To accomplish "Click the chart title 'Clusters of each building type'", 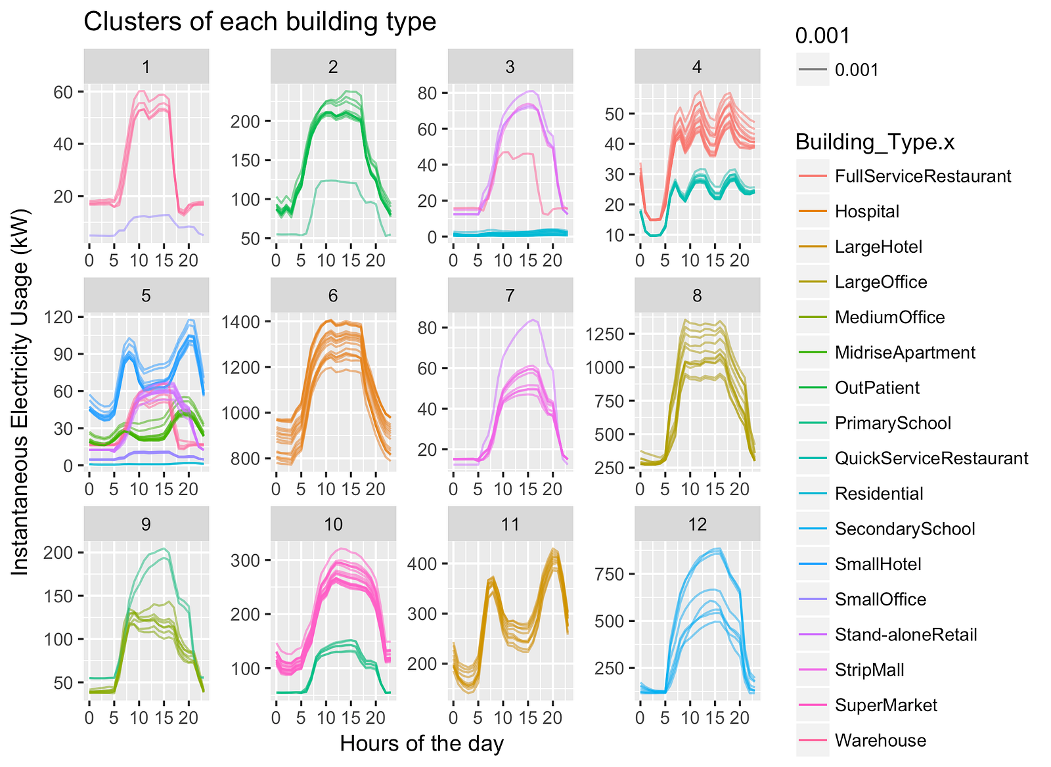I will click(x=259, y=22).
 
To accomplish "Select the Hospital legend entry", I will click(x=866, y=211).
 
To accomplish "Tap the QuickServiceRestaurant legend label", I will click(x=931, y=458).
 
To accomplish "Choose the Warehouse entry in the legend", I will click(x=880, y=741).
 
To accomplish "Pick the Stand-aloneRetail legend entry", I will click(x=905, y=635).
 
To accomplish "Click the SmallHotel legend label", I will click(x=878, y=564).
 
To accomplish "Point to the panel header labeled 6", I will click(x=333, y=296).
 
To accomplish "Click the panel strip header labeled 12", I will click(x=697, y=524).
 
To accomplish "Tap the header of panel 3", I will click(x=510, y=67).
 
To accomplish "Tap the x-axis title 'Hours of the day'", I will click(x=422, y=743).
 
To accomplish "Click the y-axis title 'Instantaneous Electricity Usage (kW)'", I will click(x=20, y=392).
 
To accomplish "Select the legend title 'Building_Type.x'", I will click(x=875, y=142).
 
